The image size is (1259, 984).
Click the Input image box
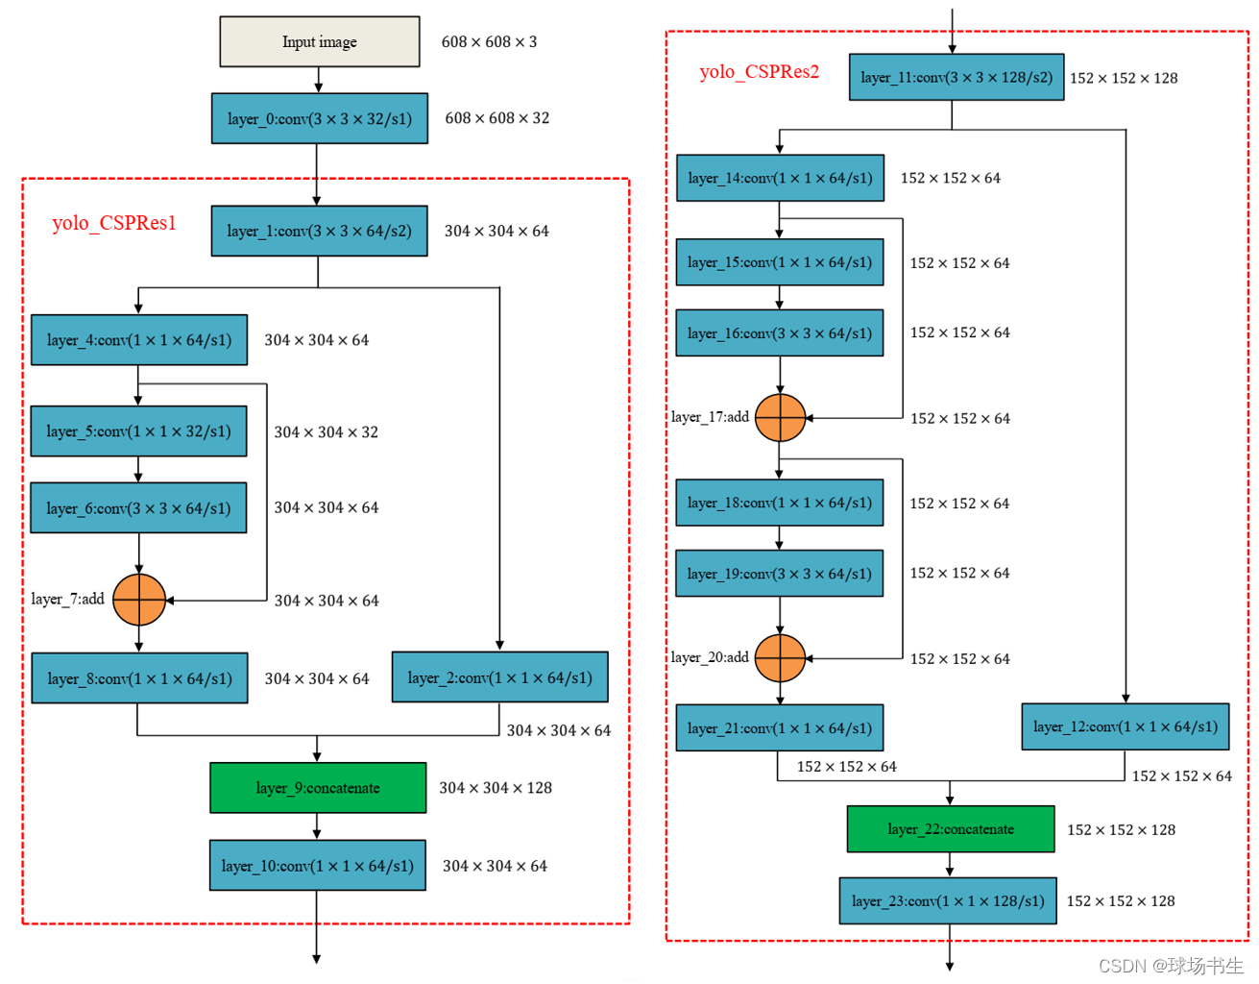[319, 41]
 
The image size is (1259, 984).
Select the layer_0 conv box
[319, 118]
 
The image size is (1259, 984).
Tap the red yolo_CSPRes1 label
[114, 223]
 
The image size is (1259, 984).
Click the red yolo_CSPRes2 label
[759, 72]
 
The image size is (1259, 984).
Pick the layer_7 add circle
[139, 600]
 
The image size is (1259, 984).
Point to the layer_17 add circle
[780, 418]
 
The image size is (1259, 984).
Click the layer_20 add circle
[780, 658]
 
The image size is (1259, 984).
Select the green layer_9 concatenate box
[318, 788]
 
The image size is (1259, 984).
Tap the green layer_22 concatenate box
[950, 829]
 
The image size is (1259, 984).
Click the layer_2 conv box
[499, 677]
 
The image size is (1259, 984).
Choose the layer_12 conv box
[1125, 726]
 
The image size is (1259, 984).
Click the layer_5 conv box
[138, 431]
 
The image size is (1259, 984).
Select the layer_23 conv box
[948, 901]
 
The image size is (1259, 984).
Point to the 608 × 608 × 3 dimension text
[489, 42]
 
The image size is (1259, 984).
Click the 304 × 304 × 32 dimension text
[326, 432]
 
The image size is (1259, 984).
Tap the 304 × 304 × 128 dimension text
[495, 788]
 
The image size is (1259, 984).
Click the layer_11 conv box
[956, 78]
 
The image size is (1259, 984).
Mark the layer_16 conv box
[779, 333]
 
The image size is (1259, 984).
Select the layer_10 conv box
[317, 866]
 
